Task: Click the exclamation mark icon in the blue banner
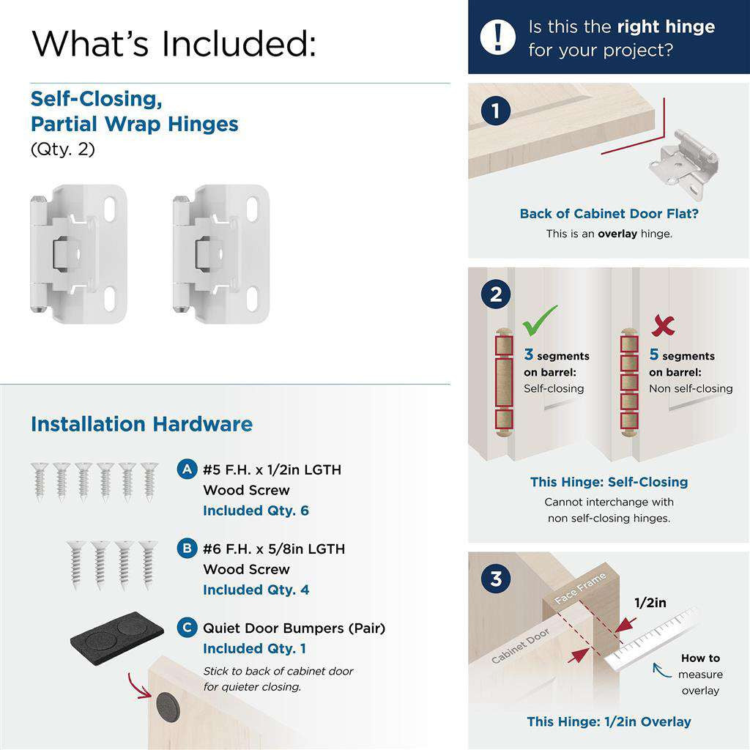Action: [498, 37]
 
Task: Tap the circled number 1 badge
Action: [497, 111]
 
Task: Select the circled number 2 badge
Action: [497, 294]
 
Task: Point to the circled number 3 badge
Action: [497, 579]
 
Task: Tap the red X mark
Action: [663, 324]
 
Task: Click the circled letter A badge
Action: [187, 469]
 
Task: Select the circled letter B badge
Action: [187, 549]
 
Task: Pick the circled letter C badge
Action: [187, 628]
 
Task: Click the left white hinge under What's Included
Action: [78, 253]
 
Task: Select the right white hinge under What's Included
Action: [221, 253]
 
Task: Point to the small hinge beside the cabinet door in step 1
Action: [684, 163]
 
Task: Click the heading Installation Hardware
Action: [141, 424]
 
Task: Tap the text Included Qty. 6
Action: [256, 510]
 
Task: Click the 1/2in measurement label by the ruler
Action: [650, 603]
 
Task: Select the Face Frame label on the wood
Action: [581, 588]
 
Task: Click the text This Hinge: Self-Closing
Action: [609, 482]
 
